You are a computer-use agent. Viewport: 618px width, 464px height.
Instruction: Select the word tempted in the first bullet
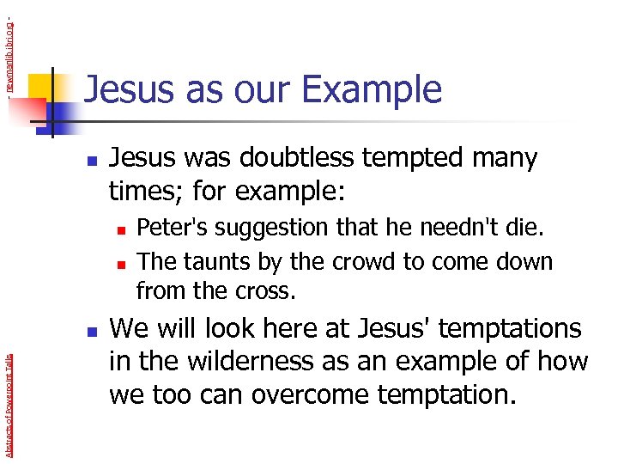coord(404,158)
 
